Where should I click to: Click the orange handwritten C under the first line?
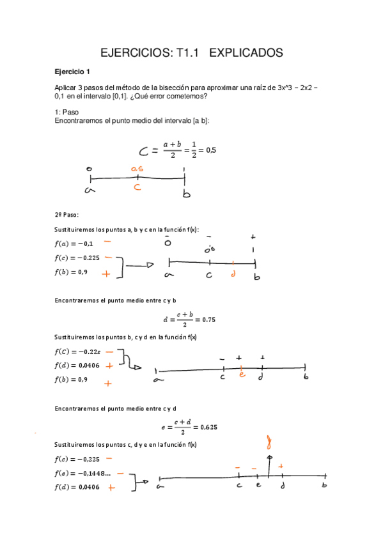click(137, 187)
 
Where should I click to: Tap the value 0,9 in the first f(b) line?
click(83, 273)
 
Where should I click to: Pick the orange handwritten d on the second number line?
click(233, 274)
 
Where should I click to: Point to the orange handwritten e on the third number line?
click(242, 375)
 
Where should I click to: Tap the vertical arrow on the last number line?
click(270, 467)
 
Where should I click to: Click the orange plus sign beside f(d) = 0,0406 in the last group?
click(111, 488)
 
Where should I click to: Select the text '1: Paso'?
click(67, 112)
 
